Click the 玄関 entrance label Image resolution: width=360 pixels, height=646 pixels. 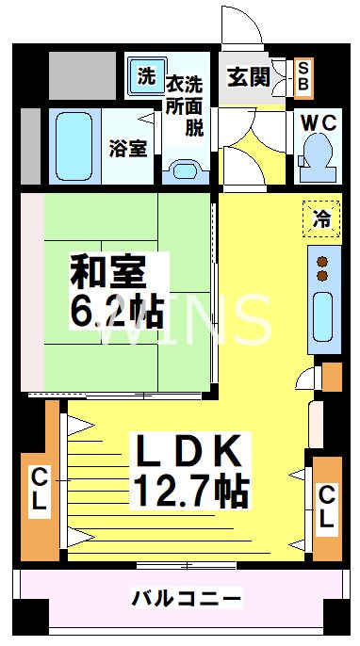point(248,77)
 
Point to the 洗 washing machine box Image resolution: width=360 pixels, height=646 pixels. point(145,77)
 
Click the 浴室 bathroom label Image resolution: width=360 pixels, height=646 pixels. point(127,148)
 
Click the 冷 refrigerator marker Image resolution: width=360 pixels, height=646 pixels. point(321,219)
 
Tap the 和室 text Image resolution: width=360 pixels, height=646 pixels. point(108,274)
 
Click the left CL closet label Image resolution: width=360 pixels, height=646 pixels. point(39,489)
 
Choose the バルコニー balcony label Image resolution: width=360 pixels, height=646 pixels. point(187,597)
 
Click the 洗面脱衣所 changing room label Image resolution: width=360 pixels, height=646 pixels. point(185,105)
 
